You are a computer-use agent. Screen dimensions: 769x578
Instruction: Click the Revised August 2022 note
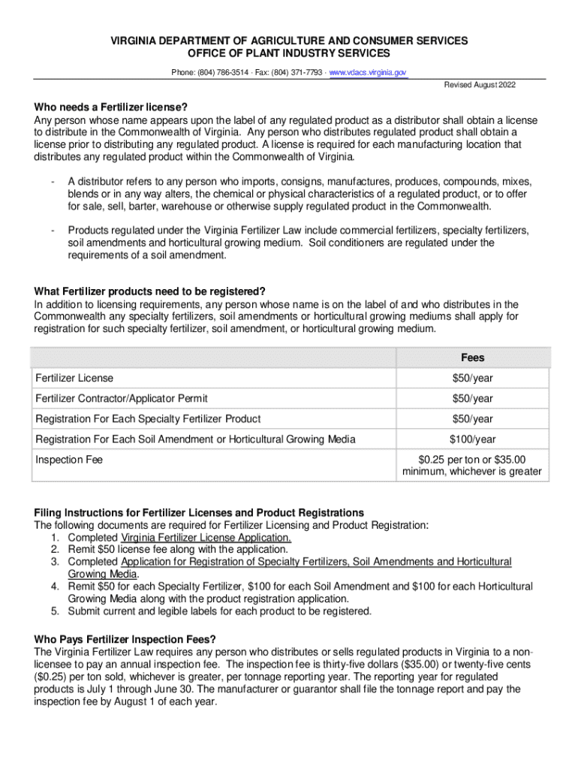tap(480, 86)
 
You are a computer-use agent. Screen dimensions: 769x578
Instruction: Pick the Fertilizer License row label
tap(74, 378)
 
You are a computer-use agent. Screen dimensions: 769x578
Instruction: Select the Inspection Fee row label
tap(69, 460)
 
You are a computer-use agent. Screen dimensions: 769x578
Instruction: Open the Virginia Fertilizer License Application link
tap(206, 538)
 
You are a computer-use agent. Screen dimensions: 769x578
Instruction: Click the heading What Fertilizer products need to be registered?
tap(150, 291)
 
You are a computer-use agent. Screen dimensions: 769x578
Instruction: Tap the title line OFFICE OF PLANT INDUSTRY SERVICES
tap(289, 53)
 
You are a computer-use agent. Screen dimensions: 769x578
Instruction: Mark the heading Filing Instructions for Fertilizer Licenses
tap(199, 513)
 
